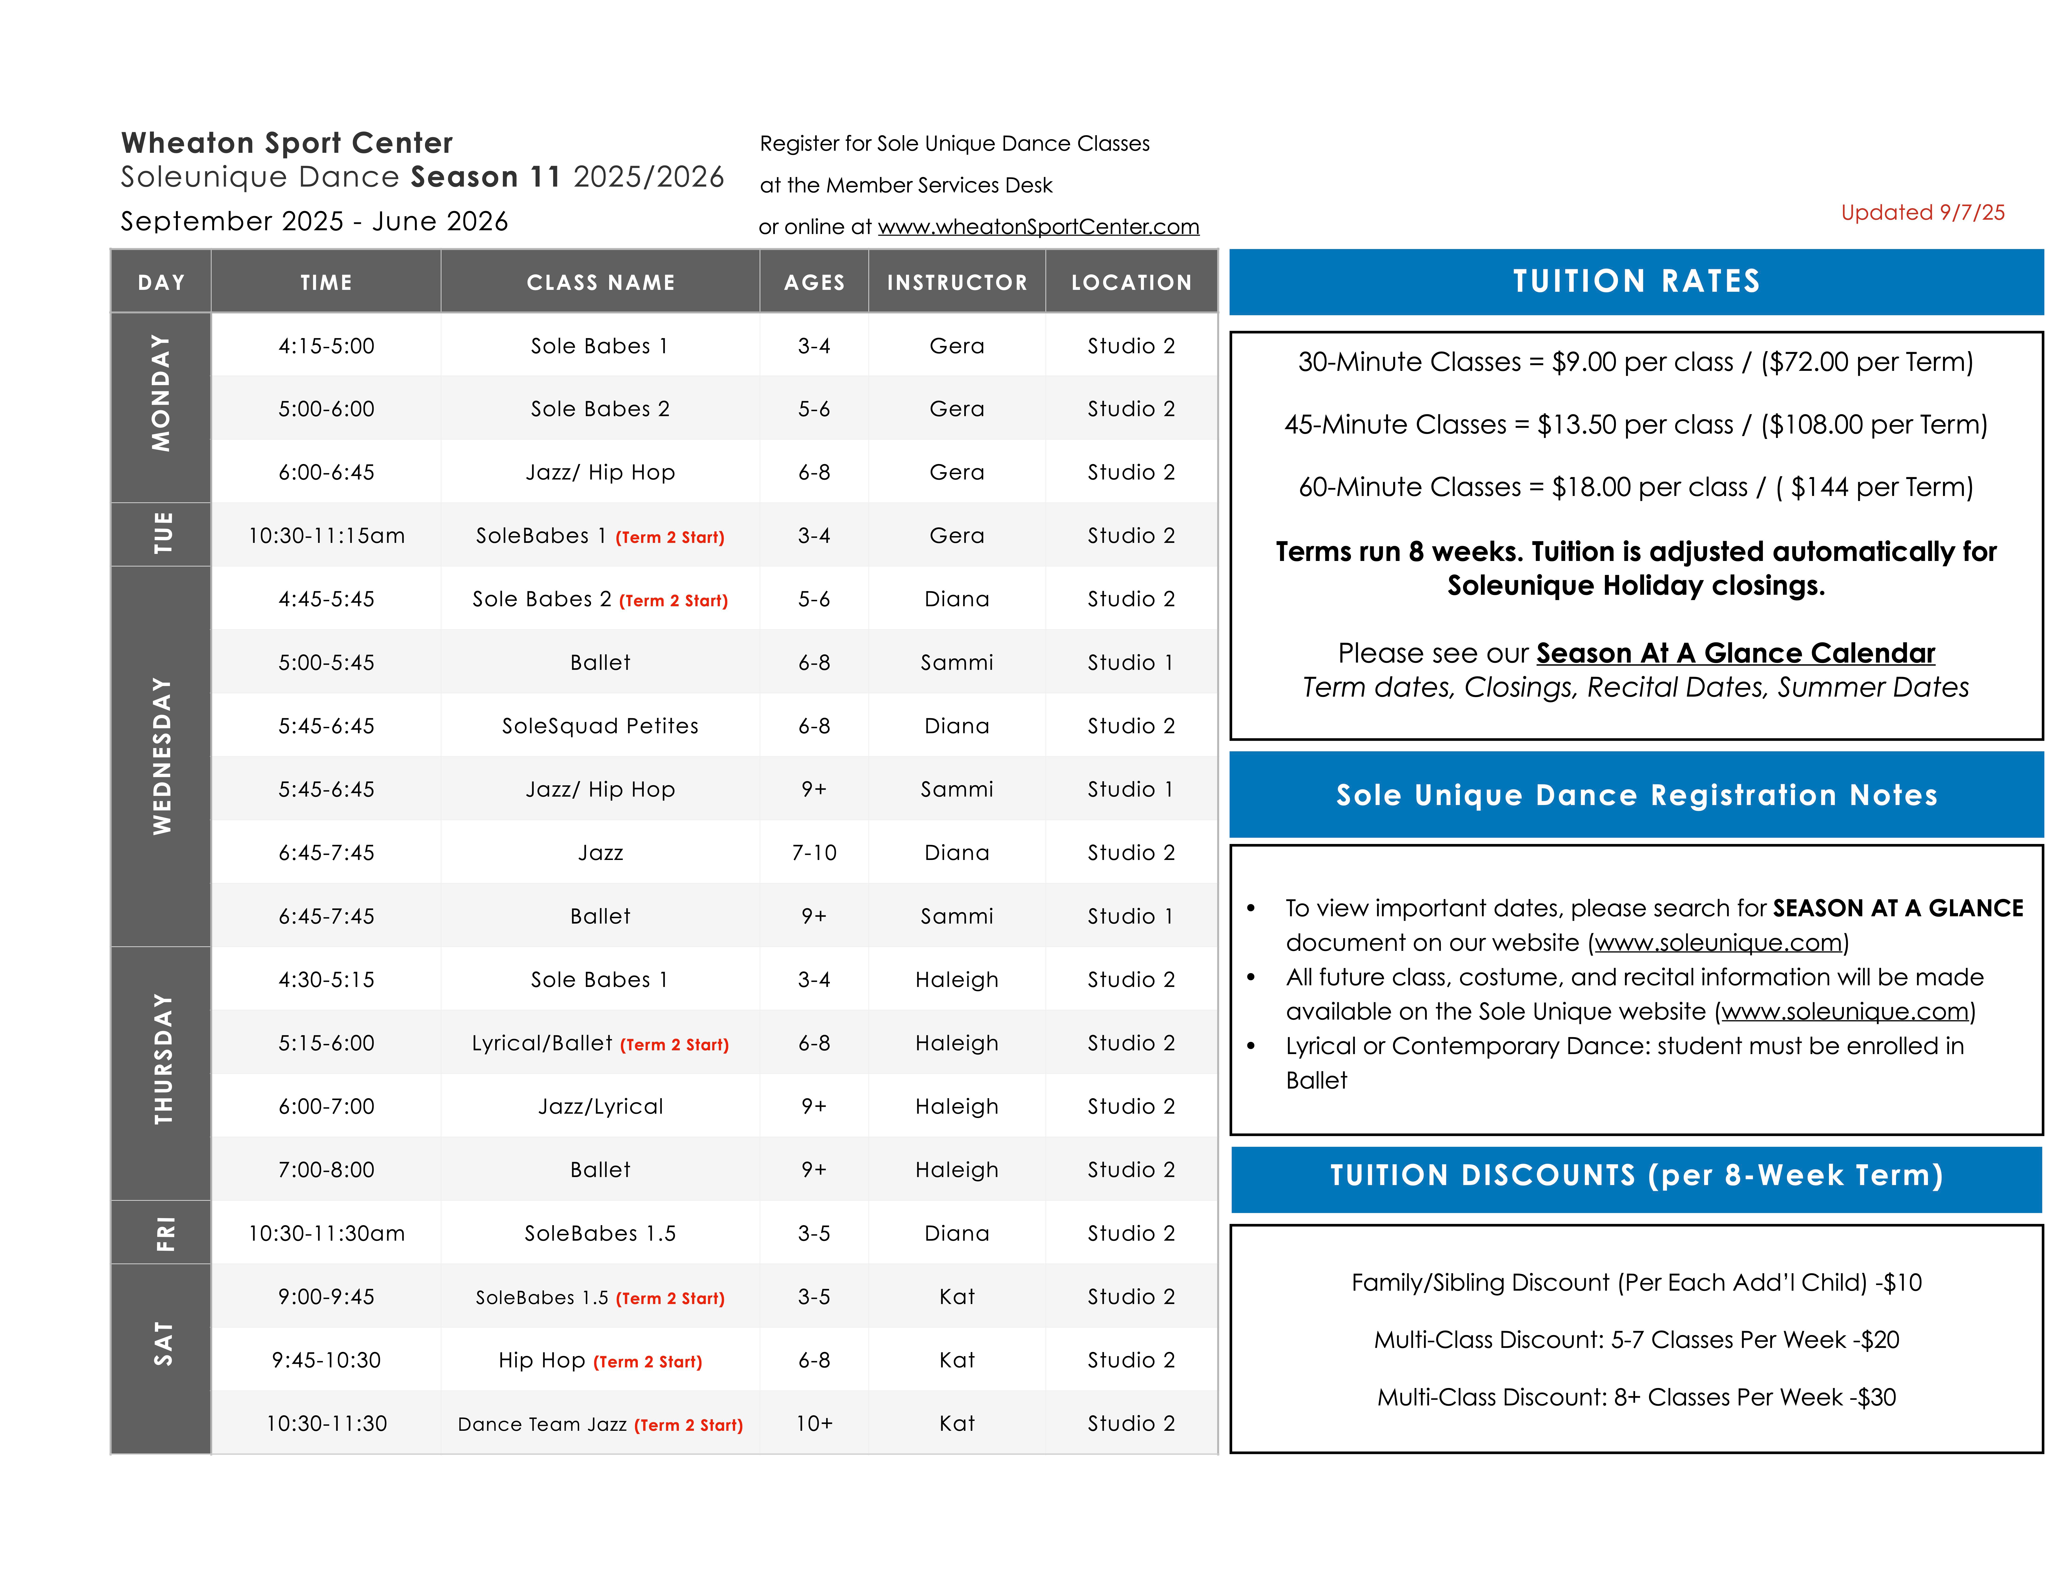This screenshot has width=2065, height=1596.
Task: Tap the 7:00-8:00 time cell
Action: pyautogui.click(x=326, y=1170)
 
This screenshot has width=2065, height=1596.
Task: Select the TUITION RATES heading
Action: pyautogui.click(x=1636, y=282)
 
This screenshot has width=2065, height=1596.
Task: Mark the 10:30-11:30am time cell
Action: pyautogui.click(x=326, y=1233)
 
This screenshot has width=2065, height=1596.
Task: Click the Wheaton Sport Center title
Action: pyautogui.click(x=287, y=143)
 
